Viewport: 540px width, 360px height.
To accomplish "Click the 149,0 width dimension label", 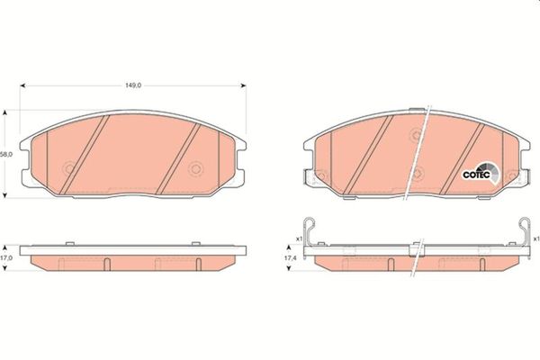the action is pos(133,85).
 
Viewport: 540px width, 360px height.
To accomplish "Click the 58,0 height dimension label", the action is pos(6,155).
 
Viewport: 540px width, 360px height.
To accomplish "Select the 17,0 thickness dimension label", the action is pos(6,257).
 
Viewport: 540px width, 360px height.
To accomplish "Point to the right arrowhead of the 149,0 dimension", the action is pos(243,85).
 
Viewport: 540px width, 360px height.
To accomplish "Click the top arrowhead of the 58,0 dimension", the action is pos(4,113).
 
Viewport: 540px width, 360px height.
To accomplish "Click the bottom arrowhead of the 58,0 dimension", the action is pos(4,195).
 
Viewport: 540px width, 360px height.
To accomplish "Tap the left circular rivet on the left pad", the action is pos(70,169).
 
